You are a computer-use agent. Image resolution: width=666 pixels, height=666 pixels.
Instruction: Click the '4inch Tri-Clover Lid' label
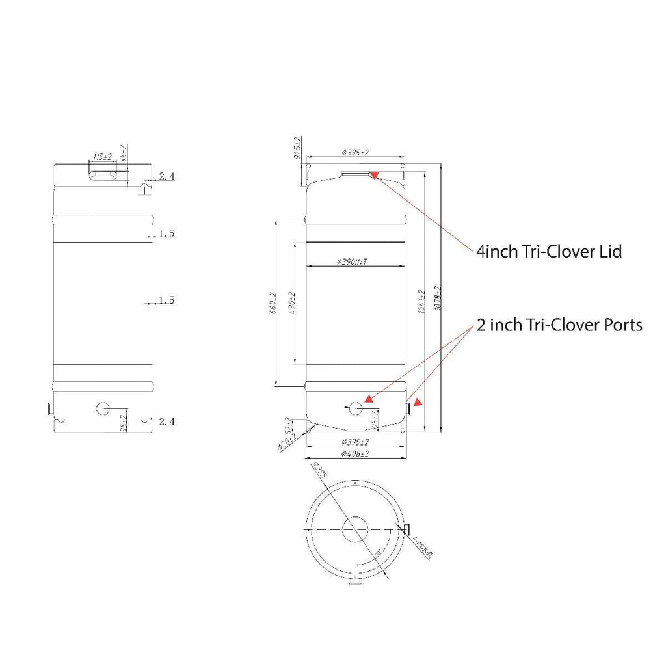[549, 252]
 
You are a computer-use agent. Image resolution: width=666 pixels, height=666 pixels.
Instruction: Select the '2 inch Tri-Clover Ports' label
[559, 325]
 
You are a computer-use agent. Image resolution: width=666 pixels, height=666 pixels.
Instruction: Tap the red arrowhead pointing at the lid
[374, 174]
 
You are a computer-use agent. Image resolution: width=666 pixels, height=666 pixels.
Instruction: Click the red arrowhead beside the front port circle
[368, 399]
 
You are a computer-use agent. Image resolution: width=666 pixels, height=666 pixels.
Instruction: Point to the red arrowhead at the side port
[418, 403]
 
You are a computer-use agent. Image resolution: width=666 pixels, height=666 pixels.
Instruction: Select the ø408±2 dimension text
[354, 454]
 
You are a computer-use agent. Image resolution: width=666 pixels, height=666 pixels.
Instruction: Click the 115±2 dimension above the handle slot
[103, 157]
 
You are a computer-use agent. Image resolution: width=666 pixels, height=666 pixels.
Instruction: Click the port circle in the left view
[103, 408]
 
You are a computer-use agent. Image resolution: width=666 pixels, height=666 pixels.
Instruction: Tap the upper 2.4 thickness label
[167, 176]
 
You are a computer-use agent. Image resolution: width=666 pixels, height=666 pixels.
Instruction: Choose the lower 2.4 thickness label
[167, 422]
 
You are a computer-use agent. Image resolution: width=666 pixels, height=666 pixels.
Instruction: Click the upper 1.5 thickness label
[167, 233]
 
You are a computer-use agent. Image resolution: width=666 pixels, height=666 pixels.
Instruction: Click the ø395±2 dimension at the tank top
[355, 152]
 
